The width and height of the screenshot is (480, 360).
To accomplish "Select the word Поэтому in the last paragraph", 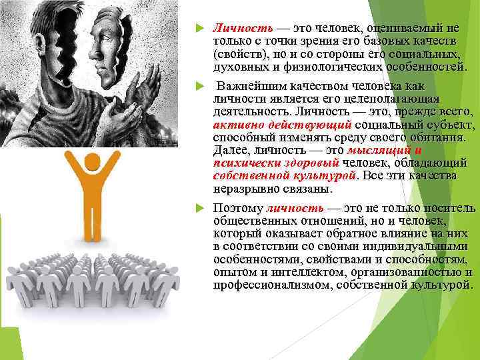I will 237,209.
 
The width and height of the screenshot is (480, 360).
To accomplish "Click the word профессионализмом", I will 265,285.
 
